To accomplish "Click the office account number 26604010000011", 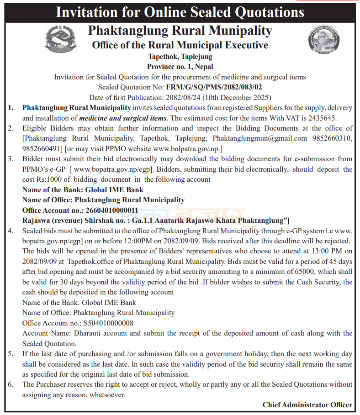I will click(x=112, y=210).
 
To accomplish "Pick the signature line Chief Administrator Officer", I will click(x=307, y=404).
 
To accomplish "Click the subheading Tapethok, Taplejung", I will click(x=180, y=57).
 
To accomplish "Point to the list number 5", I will click(x=11, y=354).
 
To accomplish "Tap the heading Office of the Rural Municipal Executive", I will click(x=180, y=45).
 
